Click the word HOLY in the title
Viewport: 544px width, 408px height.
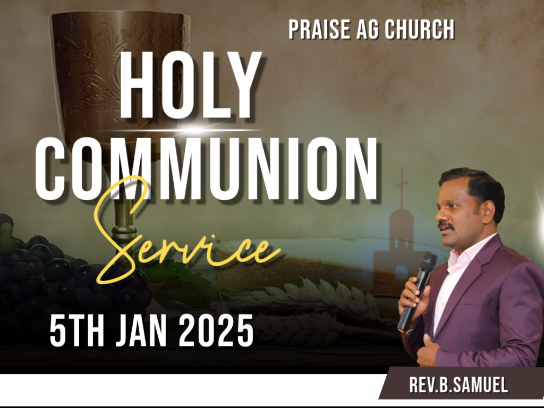pos(190,85)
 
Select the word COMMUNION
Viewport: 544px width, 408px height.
pos(206,169)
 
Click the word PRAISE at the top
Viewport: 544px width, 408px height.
pos(319,30)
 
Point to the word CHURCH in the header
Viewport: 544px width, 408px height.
pos(420,30)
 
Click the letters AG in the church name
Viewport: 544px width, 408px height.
pos(368,30)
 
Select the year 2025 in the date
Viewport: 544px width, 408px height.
pos(216,330)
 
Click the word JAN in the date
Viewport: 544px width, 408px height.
pos(141,330)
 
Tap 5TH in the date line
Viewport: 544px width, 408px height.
pos(76,330)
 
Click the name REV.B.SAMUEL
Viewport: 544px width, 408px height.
pos(458,385)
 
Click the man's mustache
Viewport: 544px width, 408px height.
pos(446,226)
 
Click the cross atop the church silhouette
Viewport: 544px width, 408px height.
pos(402,188)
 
